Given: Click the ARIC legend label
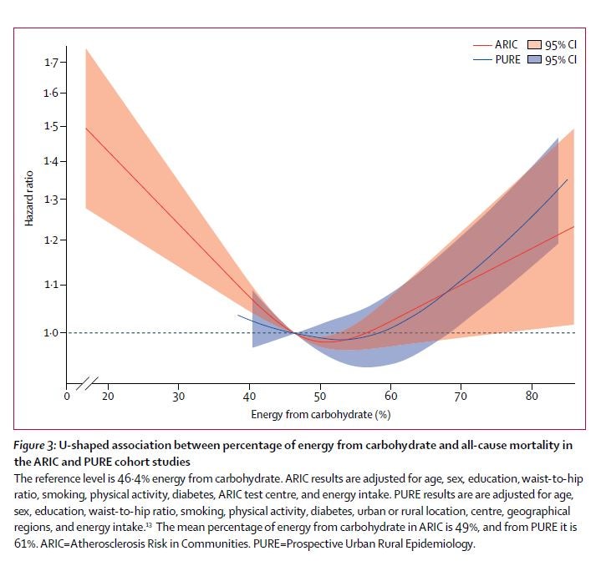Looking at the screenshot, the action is point(506,45).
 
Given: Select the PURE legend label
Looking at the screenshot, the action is point(508,60).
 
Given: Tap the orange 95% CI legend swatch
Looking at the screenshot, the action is point(534,45).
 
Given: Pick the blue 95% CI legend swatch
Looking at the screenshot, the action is point(534,60).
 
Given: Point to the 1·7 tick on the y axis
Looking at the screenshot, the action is point(51,63).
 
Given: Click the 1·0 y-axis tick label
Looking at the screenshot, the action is point(51,333).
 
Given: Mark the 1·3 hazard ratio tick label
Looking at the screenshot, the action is point(51,200).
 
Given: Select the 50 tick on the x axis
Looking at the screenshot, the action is point(320,396).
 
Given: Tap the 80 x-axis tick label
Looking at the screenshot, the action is point(532,396).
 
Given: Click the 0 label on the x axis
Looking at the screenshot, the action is point(67,396).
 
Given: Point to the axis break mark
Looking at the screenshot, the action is point(87,383).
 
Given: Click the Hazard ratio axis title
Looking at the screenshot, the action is point(29,198).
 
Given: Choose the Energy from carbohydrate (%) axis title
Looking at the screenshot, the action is point(321,414).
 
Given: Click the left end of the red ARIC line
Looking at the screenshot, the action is point(86,129).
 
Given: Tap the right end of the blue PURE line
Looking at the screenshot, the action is point(568,179).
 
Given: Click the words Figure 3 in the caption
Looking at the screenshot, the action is point(35,446).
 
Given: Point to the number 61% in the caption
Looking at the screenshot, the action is point(23,543).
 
